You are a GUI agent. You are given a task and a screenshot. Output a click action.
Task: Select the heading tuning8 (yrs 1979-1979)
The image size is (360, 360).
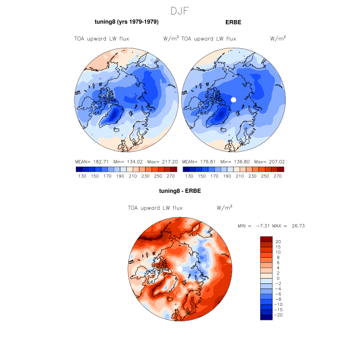coord(127,22)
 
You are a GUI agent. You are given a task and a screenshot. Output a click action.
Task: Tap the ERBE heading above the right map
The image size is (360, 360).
coord(233,22)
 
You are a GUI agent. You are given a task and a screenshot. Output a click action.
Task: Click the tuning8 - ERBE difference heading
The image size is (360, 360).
coord(180,191)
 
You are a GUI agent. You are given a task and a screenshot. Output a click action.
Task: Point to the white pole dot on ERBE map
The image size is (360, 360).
coord(233,99)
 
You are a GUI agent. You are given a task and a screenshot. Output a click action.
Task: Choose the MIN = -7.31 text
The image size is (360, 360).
coord(251,226)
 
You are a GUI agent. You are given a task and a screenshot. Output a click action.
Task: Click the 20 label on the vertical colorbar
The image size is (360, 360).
coord(278,241)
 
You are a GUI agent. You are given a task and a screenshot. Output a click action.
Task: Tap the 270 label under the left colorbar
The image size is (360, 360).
coord(171,176)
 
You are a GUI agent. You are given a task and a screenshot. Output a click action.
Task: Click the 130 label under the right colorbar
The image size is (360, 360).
coord(189,176)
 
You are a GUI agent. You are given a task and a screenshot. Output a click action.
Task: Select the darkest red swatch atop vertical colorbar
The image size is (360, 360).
coord(266,239)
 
